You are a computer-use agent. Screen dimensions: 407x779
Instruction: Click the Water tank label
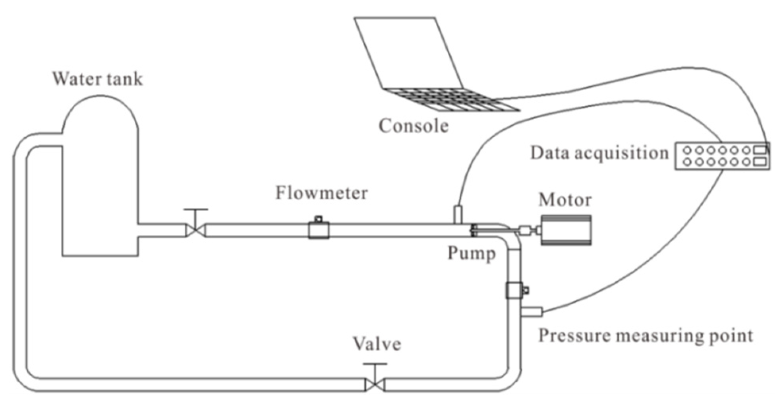(x=97, y=79)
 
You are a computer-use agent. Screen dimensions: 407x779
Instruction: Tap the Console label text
(x=413, y=126)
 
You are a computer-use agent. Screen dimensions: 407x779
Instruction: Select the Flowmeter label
(x=322, y=193)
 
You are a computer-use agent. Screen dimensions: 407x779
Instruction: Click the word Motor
(x=565, y=200)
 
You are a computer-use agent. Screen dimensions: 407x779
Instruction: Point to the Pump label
(x=472, y=253)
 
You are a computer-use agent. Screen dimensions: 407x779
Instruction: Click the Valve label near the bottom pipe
(x=377, y=344)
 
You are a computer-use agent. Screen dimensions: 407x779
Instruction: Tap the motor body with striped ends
(x=566, y=230)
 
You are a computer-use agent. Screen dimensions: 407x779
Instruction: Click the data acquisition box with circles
(x=722, y=156)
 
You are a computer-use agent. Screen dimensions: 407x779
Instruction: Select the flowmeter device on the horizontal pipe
(x=319, y=230)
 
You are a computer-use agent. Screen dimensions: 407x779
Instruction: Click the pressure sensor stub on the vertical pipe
(x=531, y=312)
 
